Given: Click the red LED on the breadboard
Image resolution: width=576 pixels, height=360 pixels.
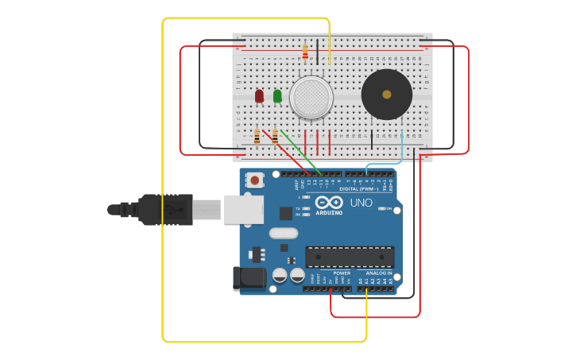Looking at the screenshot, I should pyautogui.click(x=259, y=96).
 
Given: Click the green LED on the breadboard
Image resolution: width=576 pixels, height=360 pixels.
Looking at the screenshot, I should pyautogui.click(x=277, y=96).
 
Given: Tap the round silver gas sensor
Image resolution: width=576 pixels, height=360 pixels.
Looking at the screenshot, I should pyautogui.click(x=311, y=97).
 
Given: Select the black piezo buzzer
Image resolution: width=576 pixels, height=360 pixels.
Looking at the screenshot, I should pyautogui.click(x=387, y=95).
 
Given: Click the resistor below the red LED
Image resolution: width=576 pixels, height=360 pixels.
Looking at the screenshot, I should pyautogui.click(x=257, y=137).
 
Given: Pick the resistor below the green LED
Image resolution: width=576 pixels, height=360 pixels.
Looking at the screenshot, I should pyautogui.click(x=275, y=137).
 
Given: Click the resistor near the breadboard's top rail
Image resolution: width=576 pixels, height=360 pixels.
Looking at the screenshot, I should pyautogui.click(x=305, y=52).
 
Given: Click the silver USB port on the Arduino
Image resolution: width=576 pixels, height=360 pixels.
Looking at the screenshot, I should pyautogui.click(x=242, y=209).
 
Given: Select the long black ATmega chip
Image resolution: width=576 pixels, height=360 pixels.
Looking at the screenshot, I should pyautogui.click(x=350, y=257).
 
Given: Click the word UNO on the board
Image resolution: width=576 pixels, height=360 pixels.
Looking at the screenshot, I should pyautogui.click(x=361, y=203).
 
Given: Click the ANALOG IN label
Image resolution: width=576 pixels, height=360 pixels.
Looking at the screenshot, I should pyautogui.click(x=377, y=273).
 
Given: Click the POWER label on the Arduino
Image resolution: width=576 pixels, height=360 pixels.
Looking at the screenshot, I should pyautogui.click(x=342, y=273).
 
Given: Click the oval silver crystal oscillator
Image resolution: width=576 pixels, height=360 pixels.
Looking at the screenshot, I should pyautogui.click(x=284, y=233).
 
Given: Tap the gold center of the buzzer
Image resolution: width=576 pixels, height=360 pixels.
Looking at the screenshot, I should pyautogui.click(x=387, y=95).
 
